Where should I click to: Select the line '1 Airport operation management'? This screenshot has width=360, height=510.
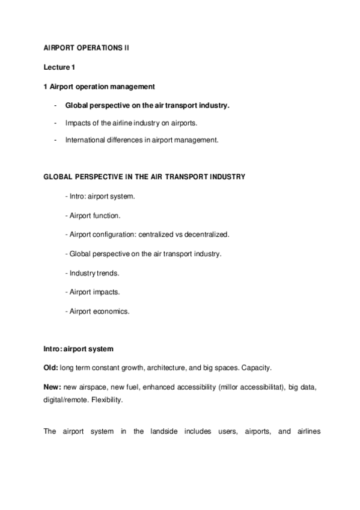[x=96, y=87]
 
